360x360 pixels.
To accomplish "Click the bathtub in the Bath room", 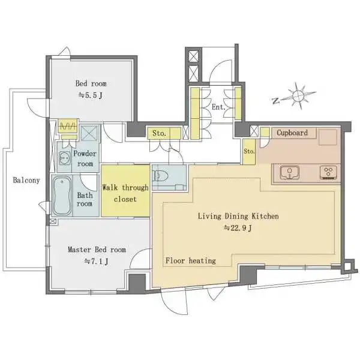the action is coord(62,196).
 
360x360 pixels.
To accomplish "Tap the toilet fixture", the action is coord(161,176).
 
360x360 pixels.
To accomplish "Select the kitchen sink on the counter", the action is coord(290,172).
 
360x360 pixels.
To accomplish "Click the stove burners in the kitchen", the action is coord(328,172).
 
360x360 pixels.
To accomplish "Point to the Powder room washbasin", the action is coord(65,158).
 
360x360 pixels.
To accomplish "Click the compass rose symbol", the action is coord(298,95).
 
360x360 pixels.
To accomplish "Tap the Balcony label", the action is coord(26,180).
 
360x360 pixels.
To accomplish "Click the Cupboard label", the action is coord(292,133).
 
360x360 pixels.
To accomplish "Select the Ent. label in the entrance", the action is coord(218,107).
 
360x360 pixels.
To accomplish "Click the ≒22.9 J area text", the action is coord(238,228).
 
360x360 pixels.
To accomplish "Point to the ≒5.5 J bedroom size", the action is coord(91,95).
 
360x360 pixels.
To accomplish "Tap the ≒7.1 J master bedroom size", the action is coord(96,261).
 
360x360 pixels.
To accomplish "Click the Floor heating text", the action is coord(191,260).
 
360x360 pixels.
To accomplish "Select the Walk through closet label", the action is coord(125,193).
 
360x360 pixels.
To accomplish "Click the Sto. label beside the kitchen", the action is coord(249,151).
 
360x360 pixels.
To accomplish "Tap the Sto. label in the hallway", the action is coord(159,133).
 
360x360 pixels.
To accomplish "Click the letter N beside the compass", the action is coord(275,101).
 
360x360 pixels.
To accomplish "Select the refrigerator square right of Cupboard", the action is coord(328,137).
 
